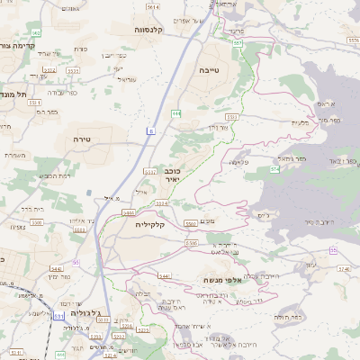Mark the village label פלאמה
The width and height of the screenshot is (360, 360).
[x=240, y=162]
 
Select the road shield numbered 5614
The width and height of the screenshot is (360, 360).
[x=153, y=7]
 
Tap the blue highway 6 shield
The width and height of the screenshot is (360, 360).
[x=151, y=131]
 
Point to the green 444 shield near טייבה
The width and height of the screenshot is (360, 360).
[x=176, y=113]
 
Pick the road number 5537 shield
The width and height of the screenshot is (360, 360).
[x=149, y=170]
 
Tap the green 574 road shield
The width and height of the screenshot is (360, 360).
[x=274, y=168]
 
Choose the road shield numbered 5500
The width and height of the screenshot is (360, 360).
[x=192, y=242]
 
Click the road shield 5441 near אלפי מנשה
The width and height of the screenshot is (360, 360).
[x=165, y=276]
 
